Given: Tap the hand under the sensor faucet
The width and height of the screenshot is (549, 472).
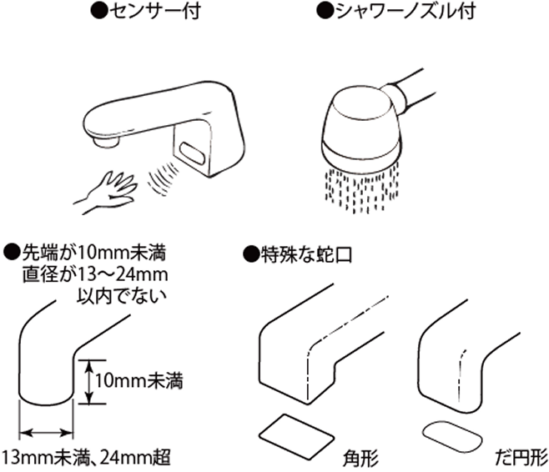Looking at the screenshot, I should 107,187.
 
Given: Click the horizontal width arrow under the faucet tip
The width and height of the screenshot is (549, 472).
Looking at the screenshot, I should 47,433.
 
